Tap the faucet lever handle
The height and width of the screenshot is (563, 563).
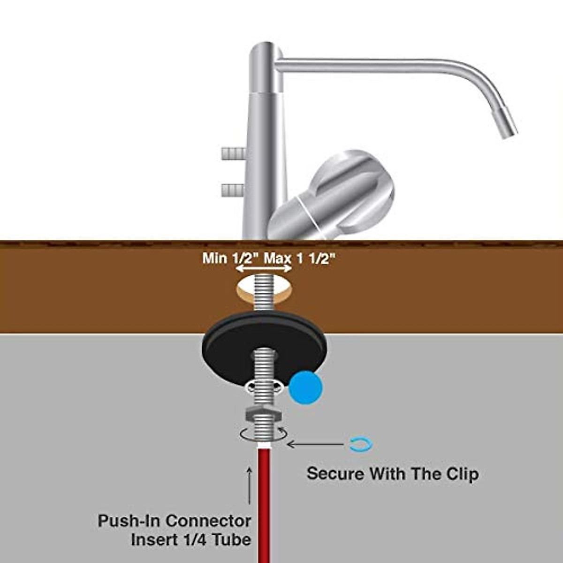332,195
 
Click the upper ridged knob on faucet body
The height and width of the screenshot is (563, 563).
233,154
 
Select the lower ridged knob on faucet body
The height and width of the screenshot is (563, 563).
233,190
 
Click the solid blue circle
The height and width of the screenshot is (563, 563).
305,387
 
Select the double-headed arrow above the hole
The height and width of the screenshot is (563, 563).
264,268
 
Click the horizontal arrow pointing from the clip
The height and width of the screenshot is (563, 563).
316,444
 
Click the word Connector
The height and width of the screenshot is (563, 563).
208,521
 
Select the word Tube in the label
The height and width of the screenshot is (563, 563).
231,540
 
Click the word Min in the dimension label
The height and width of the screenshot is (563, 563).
215,258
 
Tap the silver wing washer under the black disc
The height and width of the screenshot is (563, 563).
265,388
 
